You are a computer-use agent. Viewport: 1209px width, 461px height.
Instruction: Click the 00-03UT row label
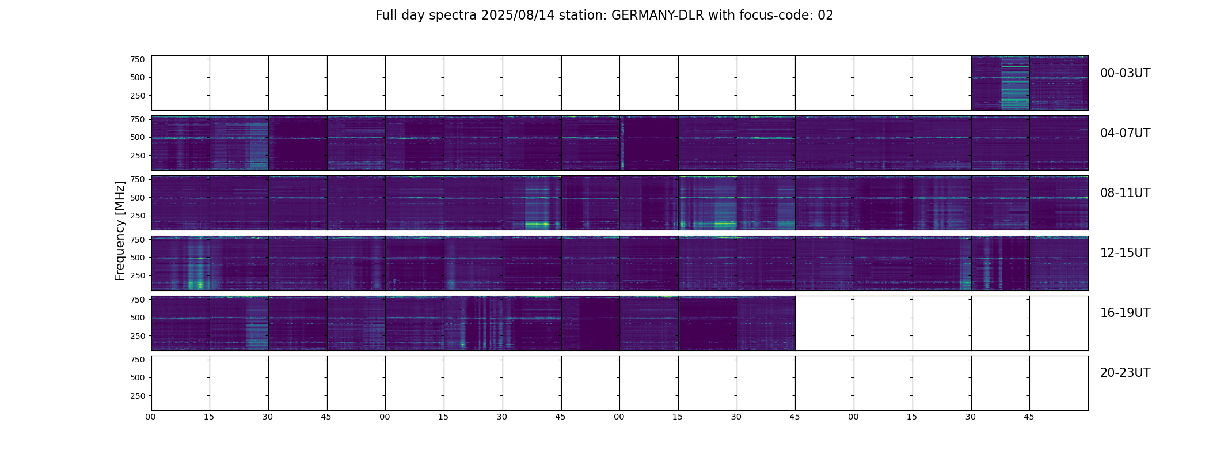click(x=1125, y=73)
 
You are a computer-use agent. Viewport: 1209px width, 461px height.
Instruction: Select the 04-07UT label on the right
click(x=1125, y=133)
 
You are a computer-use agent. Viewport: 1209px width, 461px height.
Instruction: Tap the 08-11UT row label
click(x=1125, y=193)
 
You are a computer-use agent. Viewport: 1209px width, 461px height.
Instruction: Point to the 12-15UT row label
click(x=1125, y=253)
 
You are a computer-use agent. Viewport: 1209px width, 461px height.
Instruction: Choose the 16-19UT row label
click(x=1125, y=313)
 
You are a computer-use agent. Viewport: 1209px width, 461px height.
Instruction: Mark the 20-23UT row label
click(x=1125, y=373)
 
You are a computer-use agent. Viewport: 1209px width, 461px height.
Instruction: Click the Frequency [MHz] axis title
click(x=120, y=231)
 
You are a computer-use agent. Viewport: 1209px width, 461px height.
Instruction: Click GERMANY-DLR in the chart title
click(x=657, y=16)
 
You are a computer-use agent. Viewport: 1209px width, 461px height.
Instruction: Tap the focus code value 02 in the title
click(x=826, y=16)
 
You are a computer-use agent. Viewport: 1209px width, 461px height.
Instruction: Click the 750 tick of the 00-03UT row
click(x=137, y=59)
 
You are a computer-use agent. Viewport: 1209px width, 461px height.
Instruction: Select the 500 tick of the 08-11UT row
click(x=137, y=198)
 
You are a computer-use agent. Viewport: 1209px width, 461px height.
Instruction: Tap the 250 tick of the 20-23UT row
click(x=137, y=396)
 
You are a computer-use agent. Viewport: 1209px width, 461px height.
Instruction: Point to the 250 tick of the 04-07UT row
click(x=137, y=156)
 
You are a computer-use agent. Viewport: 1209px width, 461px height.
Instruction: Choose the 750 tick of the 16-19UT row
click(x=137, y=300)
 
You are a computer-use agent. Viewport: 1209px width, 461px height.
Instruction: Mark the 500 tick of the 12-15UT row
click(x=137, y=258)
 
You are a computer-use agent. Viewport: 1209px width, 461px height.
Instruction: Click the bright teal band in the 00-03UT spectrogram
click(x=1015, y=86)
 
